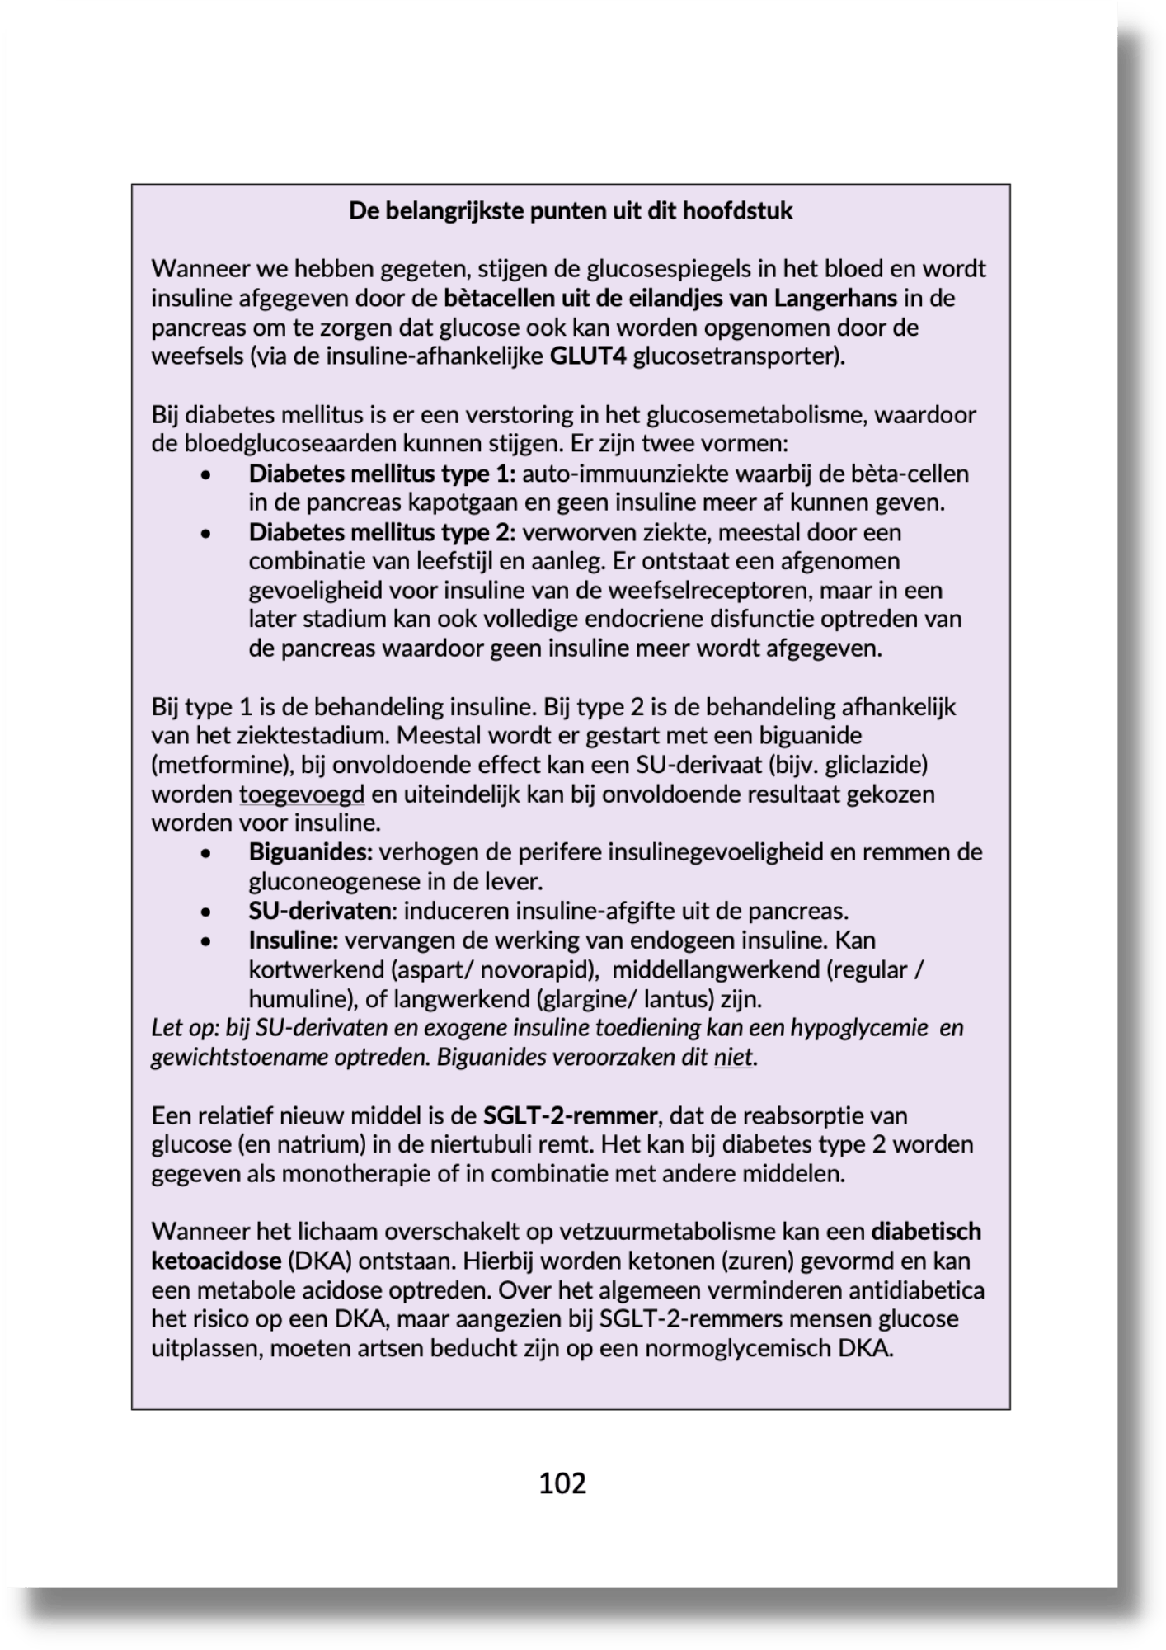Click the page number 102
point(562,1483)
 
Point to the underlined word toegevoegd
point(302,794)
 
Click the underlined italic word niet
point(733,1058)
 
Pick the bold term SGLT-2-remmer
point(570,1116)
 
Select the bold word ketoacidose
point(217,1261)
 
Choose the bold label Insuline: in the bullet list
point(294,940)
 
